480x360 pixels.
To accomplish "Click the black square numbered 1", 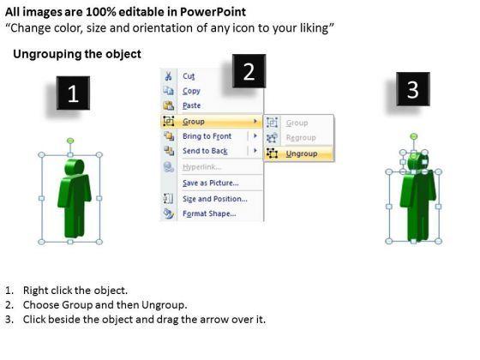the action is (73, 93).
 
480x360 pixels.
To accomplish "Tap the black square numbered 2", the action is (249, 71).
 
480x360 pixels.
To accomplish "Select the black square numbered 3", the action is (413, 89).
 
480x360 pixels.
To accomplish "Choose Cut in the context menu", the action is (189, 76).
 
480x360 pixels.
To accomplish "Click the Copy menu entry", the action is (191, 91).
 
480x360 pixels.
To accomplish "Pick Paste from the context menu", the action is (192, 105).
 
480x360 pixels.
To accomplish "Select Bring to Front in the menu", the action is (207, 136).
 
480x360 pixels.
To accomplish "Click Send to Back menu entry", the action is (205, 151).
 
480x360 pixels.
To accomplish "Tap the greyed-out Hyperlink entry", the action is (201, 167).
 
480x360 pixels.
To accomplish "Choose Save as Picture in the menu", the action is (211, 183).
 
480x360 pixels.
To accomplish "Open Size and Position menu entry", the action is (215, 199).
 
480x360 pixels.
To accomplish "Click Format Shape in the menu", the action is (209, 213).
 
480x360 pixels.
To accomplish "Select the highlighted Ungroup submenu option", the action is (302, 153).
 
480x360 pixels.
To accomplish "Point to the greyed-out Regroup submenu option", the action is (301, 138).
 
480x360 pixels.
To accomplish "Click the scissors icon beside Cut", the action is (168, 76).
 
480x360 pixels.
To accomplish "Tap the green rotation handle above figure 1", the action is (70, 141).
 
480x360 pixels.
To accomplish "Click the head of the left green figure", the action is (74, 167).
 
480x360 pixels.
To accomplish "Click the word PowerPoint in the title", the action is (213, 12).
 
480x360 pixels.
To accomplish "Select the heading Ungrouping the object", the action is (77, 54).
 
